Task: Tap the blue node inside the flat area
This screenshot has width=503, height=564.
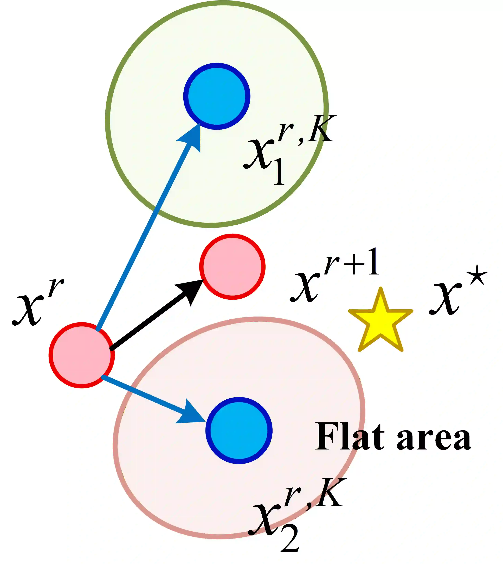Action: click(x=239, y=430)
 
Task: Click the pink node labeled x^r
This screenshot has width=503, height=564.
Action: click(x=82, y=355)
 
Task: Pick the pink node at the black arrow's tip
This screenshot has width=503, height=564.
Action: click(x=233, y=267)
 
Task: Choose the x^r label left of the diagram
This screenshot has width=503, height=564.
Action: click(x=37, y=304)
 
